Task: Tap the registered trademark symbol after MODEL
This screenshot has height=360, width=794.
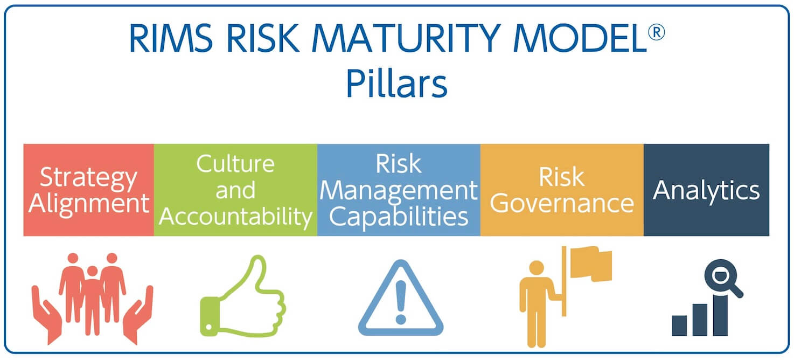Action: pyautogui.click(x=656, y=32)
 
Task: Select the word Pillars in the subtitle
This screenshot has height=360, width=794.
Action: pyautogui.click(x=396, y=84)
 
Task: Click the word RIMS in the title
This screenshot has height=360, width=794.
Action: pyautogui.click(x=171, y=38)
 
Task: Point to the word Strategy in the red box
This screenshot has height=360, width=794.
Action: pyautogui.click(x=88, y=178)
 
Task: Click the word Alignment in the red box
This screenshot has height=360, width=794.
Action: pyautogui.click(x=89, y=204)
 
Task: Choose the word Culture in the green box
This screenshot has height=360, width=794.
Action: pyautogui.click(x=235, y=164)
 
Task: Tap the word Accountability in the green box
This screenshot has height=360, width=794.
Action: pyautogui.click(x=235, y=217)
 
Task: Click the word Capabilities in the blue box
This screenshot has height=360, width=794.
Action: pyautogui.click(x=399, y=217)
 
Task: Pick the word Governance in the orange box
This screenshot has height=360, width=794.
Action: pyautogui.click(x=562, y=203)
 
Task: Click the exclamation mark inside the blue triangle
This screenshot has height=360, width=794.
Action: pyautogui.click(x=401, y=302)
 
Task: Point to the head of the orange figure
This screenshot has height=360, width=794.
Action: pyautogui.click(x=537, y=268)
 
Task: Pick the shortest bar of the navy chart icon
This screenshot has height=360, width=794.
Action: pyautogui.click(x=679, y=326)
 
